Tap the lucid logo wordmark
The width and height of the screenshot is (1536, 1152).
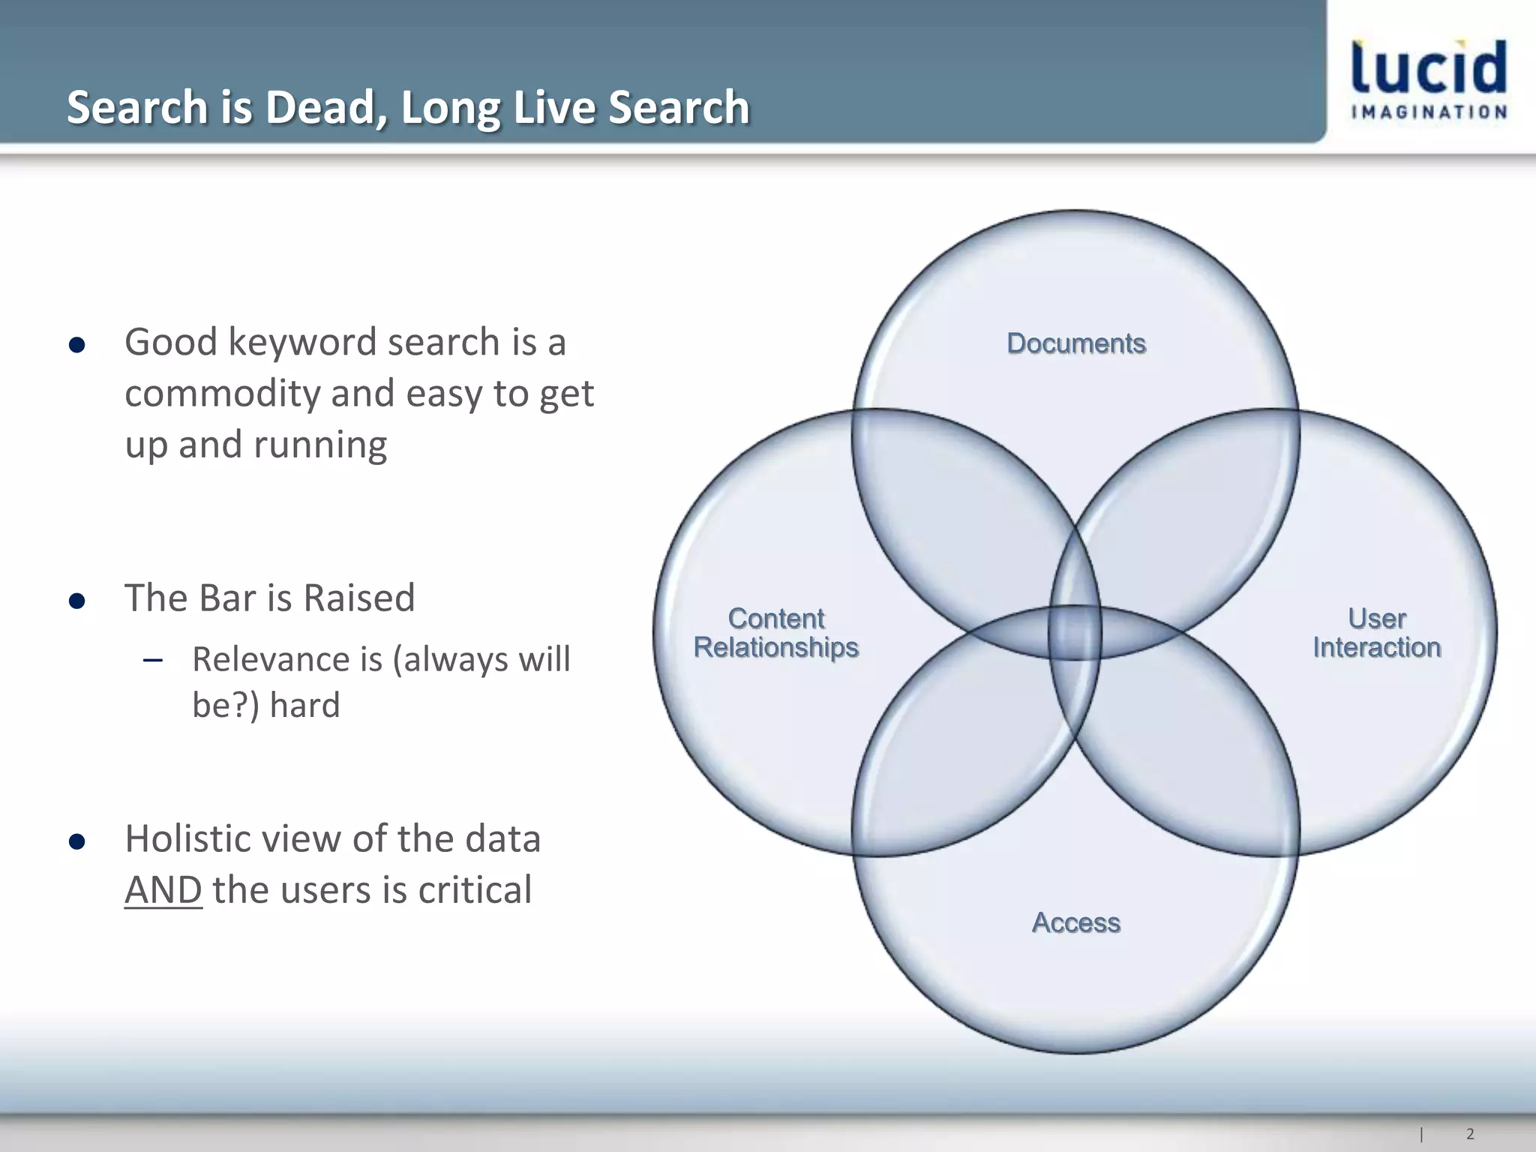point(1429,68)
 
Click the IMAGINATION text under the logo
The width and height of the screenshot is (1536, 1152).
point(1429,112)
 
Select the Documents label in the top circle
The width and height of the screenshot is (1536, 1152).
point(1076,343)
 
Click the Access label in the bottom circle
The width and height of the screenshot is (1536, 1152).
point(1076,922)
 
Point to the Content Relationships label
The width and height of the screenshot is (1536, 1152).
point(776,633)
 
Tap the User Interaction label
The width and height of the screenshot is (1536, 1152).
point(1377,633)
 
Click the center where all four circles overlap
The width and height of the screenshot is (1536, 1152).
point(1075,632)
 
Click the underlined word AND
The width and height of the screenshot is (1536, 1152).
point(163,890)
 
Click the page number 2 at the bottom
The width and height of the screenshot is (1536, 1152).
point(1470,1134)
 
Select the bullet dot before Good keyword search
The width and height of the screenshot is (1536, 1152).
point(76,345)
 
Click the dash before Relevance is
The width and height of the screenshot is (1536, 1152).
point(153,661)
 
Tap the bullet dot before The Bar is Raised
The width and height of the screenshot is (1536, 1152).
point(76,601)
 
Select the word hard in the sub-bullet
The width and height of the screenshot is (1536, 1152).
point(304,705)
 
